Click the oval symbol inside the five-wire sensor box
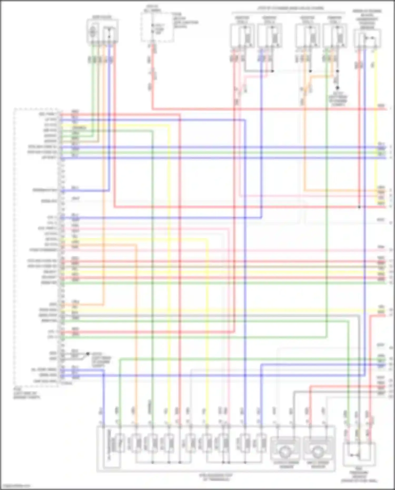[x=92, y=32]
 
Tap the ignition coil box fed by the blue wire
[x=269, y=36]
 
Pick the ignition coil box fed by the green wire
[x=334, y=36]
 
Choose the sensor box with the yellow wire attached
[x=367, y=38]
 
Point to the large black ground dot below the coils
[x=337, y=88]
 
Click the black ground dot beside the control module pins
[x=88, y=354]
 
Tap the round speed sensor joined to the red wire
[x=317, y=452]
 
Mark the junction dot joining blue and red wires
[x=359, y=207]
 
